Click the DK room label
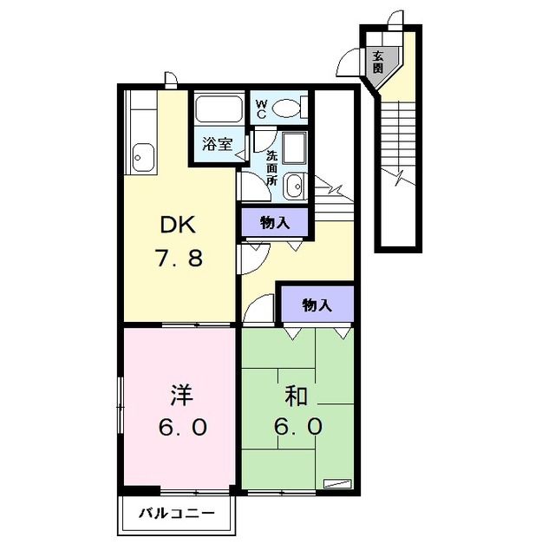pos(178,224)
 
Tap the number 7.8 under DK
pos(179,258)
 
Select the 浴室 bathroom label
pos(217,144)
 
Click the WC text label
pos(262,108)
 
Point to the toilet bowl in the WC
pos(286,108)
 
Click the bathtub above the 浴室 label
pos(219,108)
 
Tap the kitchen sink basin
pos(143,158)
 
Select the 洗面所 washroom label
pos(271,168)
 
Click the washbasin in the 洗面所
pos(293,187)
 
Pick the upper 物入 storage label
pos(275,223)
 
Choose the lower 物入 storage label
pos(317,305)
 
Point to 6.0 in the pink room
pos(182,427)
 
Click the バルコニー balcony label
pos(176,513)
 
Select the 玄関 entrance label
pos(378,62)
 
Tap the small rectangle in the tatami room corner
pos(338,483)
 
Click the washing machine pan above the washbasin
pos(295,148)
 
